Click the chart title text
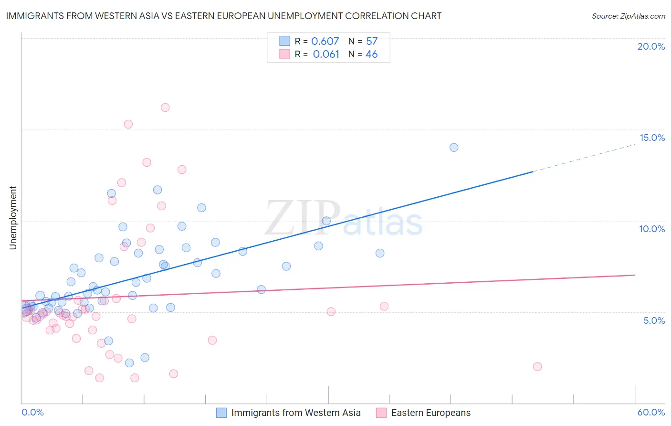pyautogui.click(x=223, y=16)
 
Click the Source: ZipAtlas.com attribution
pyautogui.click(x=628, y=16)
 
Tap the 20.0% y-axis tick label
pyautogui.click(x=651, y=46)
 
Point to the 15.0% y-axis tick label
pyautogui.click(x=652, y=138)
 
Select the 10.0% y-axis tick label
pyautogui.click(x=652, y=229)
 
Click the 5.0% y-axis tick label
pyautogui.click(x=654, y=320)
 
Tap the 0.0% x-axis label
pyautogui.click(x=32, y=412)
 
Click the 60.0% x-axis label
pyautogui.click(x=651, y=412)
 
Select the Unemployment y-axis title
pyautogui.click(x=13, y=218)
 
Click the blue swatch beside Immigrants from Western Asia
pyautogui.click(x=221, y=413)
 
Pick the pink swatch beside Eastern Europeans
pyautogui.click(x=381, y=413)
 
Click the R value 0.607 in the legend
pyautogui.click(x=325, y=42)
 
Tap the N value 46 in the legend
pyautogui.click(x=371, y=54)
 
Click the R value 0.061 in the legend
pyautogui.click(x=326, y=54)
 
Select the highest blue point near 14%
pyautogui.click(x=454, y=148)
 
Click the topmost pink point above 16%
pyautogui.click(x=165, y=107)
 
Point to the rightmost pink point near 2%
pyautogui.click(x=537, y=367)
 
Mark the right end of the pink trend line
pyautogui.click(x=635, y=275)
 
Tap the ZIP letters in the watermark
pyautogui.click(x=302, y=218)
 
